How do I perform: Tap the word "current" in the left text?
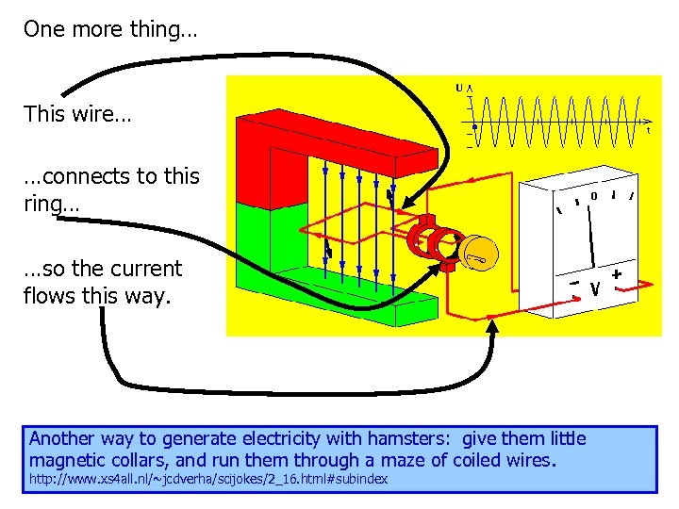pyautogui.click(x=142, y=270)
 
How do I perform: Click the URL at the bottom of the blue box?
pyautogui.click(x=208, y=481)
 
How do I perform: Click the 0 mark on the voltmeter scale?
pyautogui.click(x=594, y=196)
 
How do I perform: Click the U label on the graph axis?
pyautogui.click(x=459, y=89)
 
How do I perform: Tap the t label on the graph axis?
pyautogui.click(x=648, y=131)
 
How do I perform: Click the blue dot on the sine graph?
pyautogui.click(x=474, y=123)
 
